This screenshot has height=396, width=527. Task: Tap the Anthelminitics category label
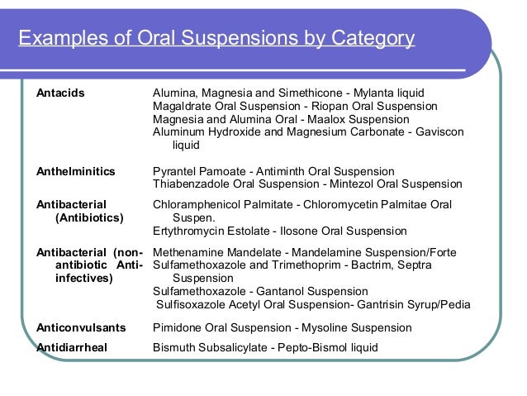(x=75, y=172)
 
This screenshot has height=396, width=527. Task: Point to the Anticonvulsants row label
(x=79, y=328)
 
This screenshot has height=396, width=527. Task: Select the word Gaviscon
(x=441, y=132)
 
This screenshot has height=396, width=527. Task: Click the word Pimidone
(x=178, y=328)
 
